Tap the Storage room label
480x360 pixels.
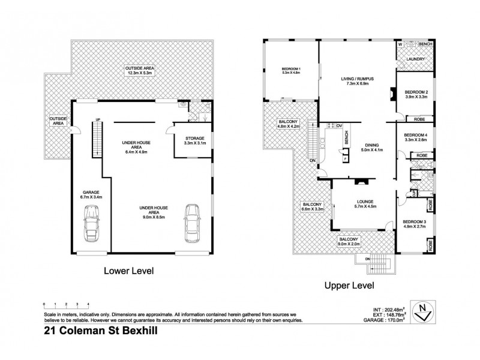pyautogui.click(x=194, y=139)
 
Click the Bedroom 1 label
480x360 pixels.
pyautogui.click(x=291, y=69)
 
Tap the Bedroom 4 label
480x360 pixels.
pyautogui.click(x=416, y=135)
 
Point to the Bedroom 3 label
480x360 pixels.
pyautogui.click(x=414, y=221)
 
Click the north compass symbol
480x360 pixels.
pyautogui.click(x=424, y=312)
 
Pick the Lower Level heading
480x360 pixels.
pyautogui.click(x=128, y=271)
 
